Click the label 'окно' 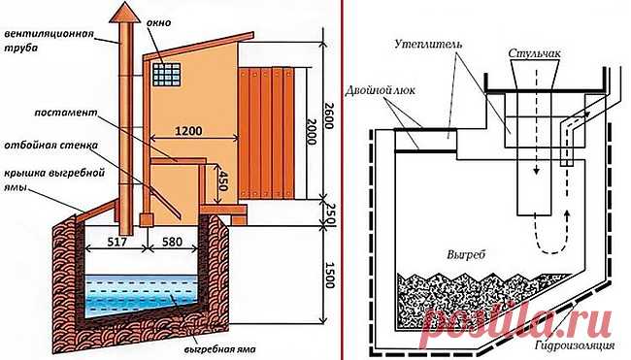click(x=157, y=22)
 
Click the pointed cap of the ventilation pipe click(x=125, y=12)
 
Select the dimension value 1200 click(x=188, y=131)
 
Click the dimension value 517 click(x=116, y=243)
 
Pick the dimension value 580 click(x=172, y=243)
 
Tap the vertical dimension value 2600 click(x=328, y=115)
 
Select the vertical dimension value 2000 click(x=312, y=131)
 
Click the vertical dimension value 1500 click(x=328, y=276)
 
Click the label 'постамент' click(x=66, y=113)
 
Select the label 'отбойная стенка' click(x=50, y=145)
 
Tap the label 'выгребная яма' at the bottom click(x=222, y=348)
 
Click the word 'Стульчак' click(x=535, y=53)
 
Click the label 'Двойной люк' click(x=380, y=91)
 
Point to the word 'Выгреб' click(x=466, y=255)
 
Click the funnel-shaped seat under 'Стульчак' click(x=535, y=74)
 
